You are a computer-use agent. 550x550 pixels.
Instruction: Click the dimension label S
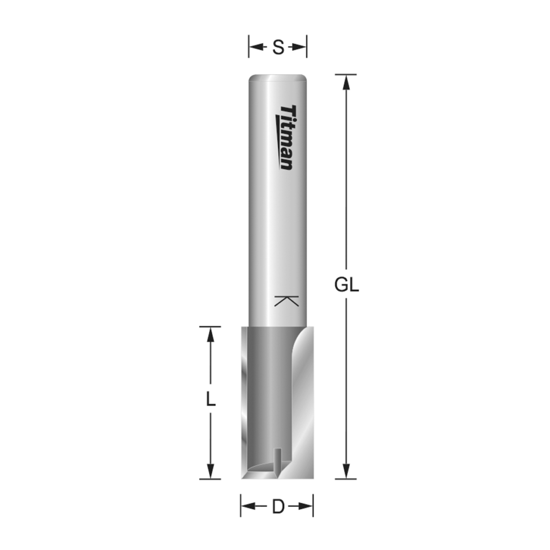(278, 47)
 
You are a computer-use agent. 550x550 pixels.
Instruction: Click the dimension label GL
(346, 285)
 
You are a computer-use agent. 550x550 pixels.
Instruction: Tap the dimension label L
(211, 400)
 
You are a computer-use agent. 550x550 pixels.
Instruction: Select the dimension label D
(278, 506)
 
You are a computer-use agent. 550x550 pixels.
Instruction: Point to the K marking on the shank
(286, 301)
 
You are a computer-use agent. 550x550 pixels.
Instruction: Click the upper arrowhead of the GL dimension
(346, 82)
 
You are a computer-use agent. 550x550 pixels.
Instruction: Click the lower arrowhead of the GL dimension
(346, 471)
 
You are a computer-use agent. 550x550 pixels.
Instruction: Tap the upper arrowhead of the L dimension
(211, 334)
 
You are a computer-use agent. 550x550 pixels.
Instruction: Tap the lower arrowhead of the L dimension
(211, 471)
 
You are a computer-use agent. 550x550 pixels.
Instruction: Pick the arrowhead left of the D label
(248, 506)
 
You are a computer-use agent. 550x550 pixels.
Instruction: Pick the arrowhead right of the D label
(306, 506)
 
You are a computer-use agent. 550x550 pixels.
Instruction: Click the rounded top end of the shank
(278, 78)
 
